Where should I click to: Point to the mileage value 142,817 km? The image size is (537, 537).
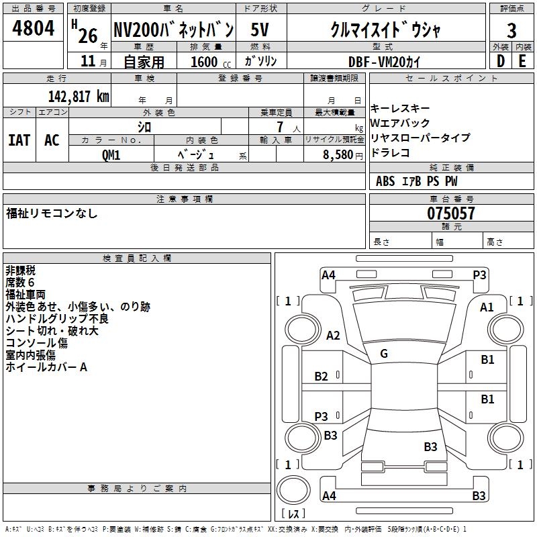[79, 96]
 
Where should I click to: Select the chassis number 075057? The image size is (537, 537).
[451, 213]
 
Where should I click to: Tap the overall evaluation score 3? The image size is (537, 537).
[511, 30]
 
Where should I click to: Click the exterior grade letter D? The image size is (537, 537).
[500, 61]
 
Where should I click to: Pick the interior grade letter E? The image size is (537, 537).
[522, 61]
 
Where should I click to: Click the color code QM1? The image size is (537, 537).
[111, 154]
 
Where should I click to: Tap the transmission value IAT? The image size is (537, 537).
[19, 140]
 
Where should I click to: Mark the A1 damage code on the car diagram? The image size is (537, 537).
[487, 307]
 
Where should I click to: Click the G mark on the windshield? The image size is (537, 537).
[384, 353]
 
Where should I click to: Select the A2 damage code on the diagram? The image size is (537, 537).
[333, 336]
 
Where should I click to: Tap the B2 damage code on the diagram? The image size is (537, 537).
[322, 376]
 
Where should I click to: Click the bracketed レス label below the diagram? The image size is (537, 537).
[293, 514]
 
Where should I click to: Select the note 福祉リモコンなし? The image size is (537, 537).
[52, 213]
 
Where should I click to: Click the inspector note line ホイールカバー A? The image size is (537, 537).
[46, 367]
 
